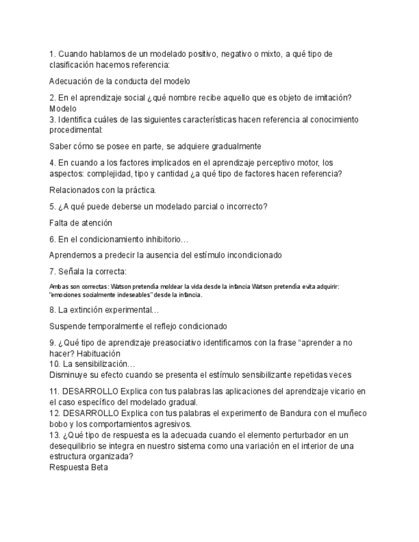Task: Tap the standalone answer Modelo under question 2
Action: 63,109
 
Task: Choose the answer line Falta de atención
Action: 81,223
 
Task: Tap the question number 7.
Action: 52,271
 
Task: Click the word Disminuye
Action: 70,375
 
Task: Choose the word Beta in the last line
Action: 100,467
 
